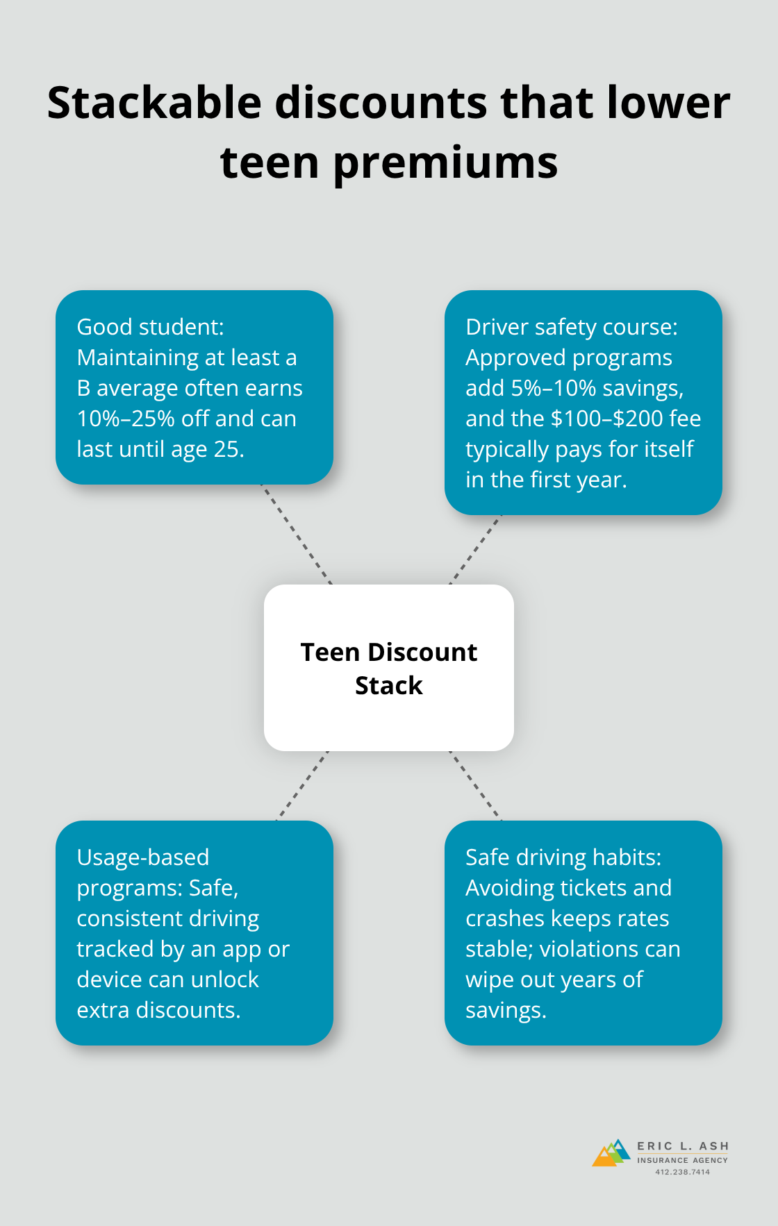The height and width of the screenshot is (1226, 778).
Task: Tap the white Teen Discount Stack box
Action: click(x=389, y=668)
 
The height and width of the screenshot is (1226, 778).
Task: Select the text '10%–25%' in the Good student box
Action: click(x=126, y=419)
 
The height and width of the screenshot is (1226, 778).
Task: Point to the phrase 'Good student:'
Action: click(x=151, y=327)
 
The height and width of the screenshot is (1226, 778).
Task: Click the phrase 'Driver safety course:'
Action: click(x=572, y=327)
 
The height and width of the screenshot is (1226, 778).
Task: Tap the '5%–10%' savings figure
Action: click(x=554, y=388)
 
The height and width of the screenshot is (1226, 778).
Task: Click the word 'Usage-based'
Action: click(x=143, y=858)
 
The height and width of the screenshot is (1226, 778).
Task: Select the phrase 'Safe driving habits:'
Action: click(x=563, y=858)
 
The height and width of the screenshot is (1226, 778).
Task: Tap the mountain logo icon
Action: click(x=611, y=1153)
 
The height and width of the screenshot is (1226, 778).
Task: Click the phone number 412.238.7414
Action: click(x=683, y=1172)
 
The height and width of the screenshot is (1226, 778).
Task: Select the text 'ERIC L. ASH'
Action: click(x=683, y=1146)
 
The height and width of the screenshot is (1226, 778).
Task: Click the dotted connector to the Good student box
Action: click(x=297, y=535)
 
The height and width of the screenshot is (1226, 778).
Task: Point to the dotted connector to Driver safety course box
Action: click(x=476, y=549)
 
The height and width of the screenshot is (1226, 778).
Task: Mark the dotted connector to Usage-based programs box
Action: click(x=302, y=786)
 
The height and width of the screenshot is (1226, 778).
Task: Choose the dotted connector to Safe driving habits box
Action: click(x=475, y=786)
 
